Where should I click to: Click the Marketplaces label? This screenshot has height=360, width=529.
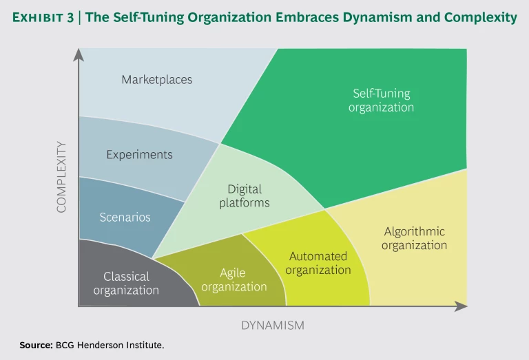(157, 79)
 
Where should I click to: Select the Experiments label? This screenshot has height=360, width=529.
(139, 154)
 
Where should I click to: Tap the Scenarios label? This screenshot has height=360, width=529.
(125, 217)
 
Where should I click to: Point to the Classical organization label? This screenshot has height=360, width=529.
(126, 283)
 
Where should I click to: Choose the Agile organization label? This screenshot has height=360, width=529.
(234, 279)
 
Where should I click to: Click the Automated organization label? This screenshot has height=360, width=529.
(318, 263)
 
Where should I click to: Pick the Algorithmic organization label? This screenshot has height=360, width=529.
(414, 238)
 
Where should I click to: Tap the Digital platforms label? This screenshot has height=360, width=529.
(245, 195)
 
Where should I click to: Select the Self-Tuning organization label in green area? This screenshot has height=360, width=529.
(381, 100)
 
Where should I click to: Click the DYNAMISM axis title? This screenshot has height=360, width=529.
(273, 324)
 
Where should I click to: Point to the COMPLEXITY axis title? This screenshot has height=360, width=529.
(62, 177)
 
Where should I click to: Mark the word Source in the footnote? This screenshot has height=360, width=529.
(32, 344)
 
